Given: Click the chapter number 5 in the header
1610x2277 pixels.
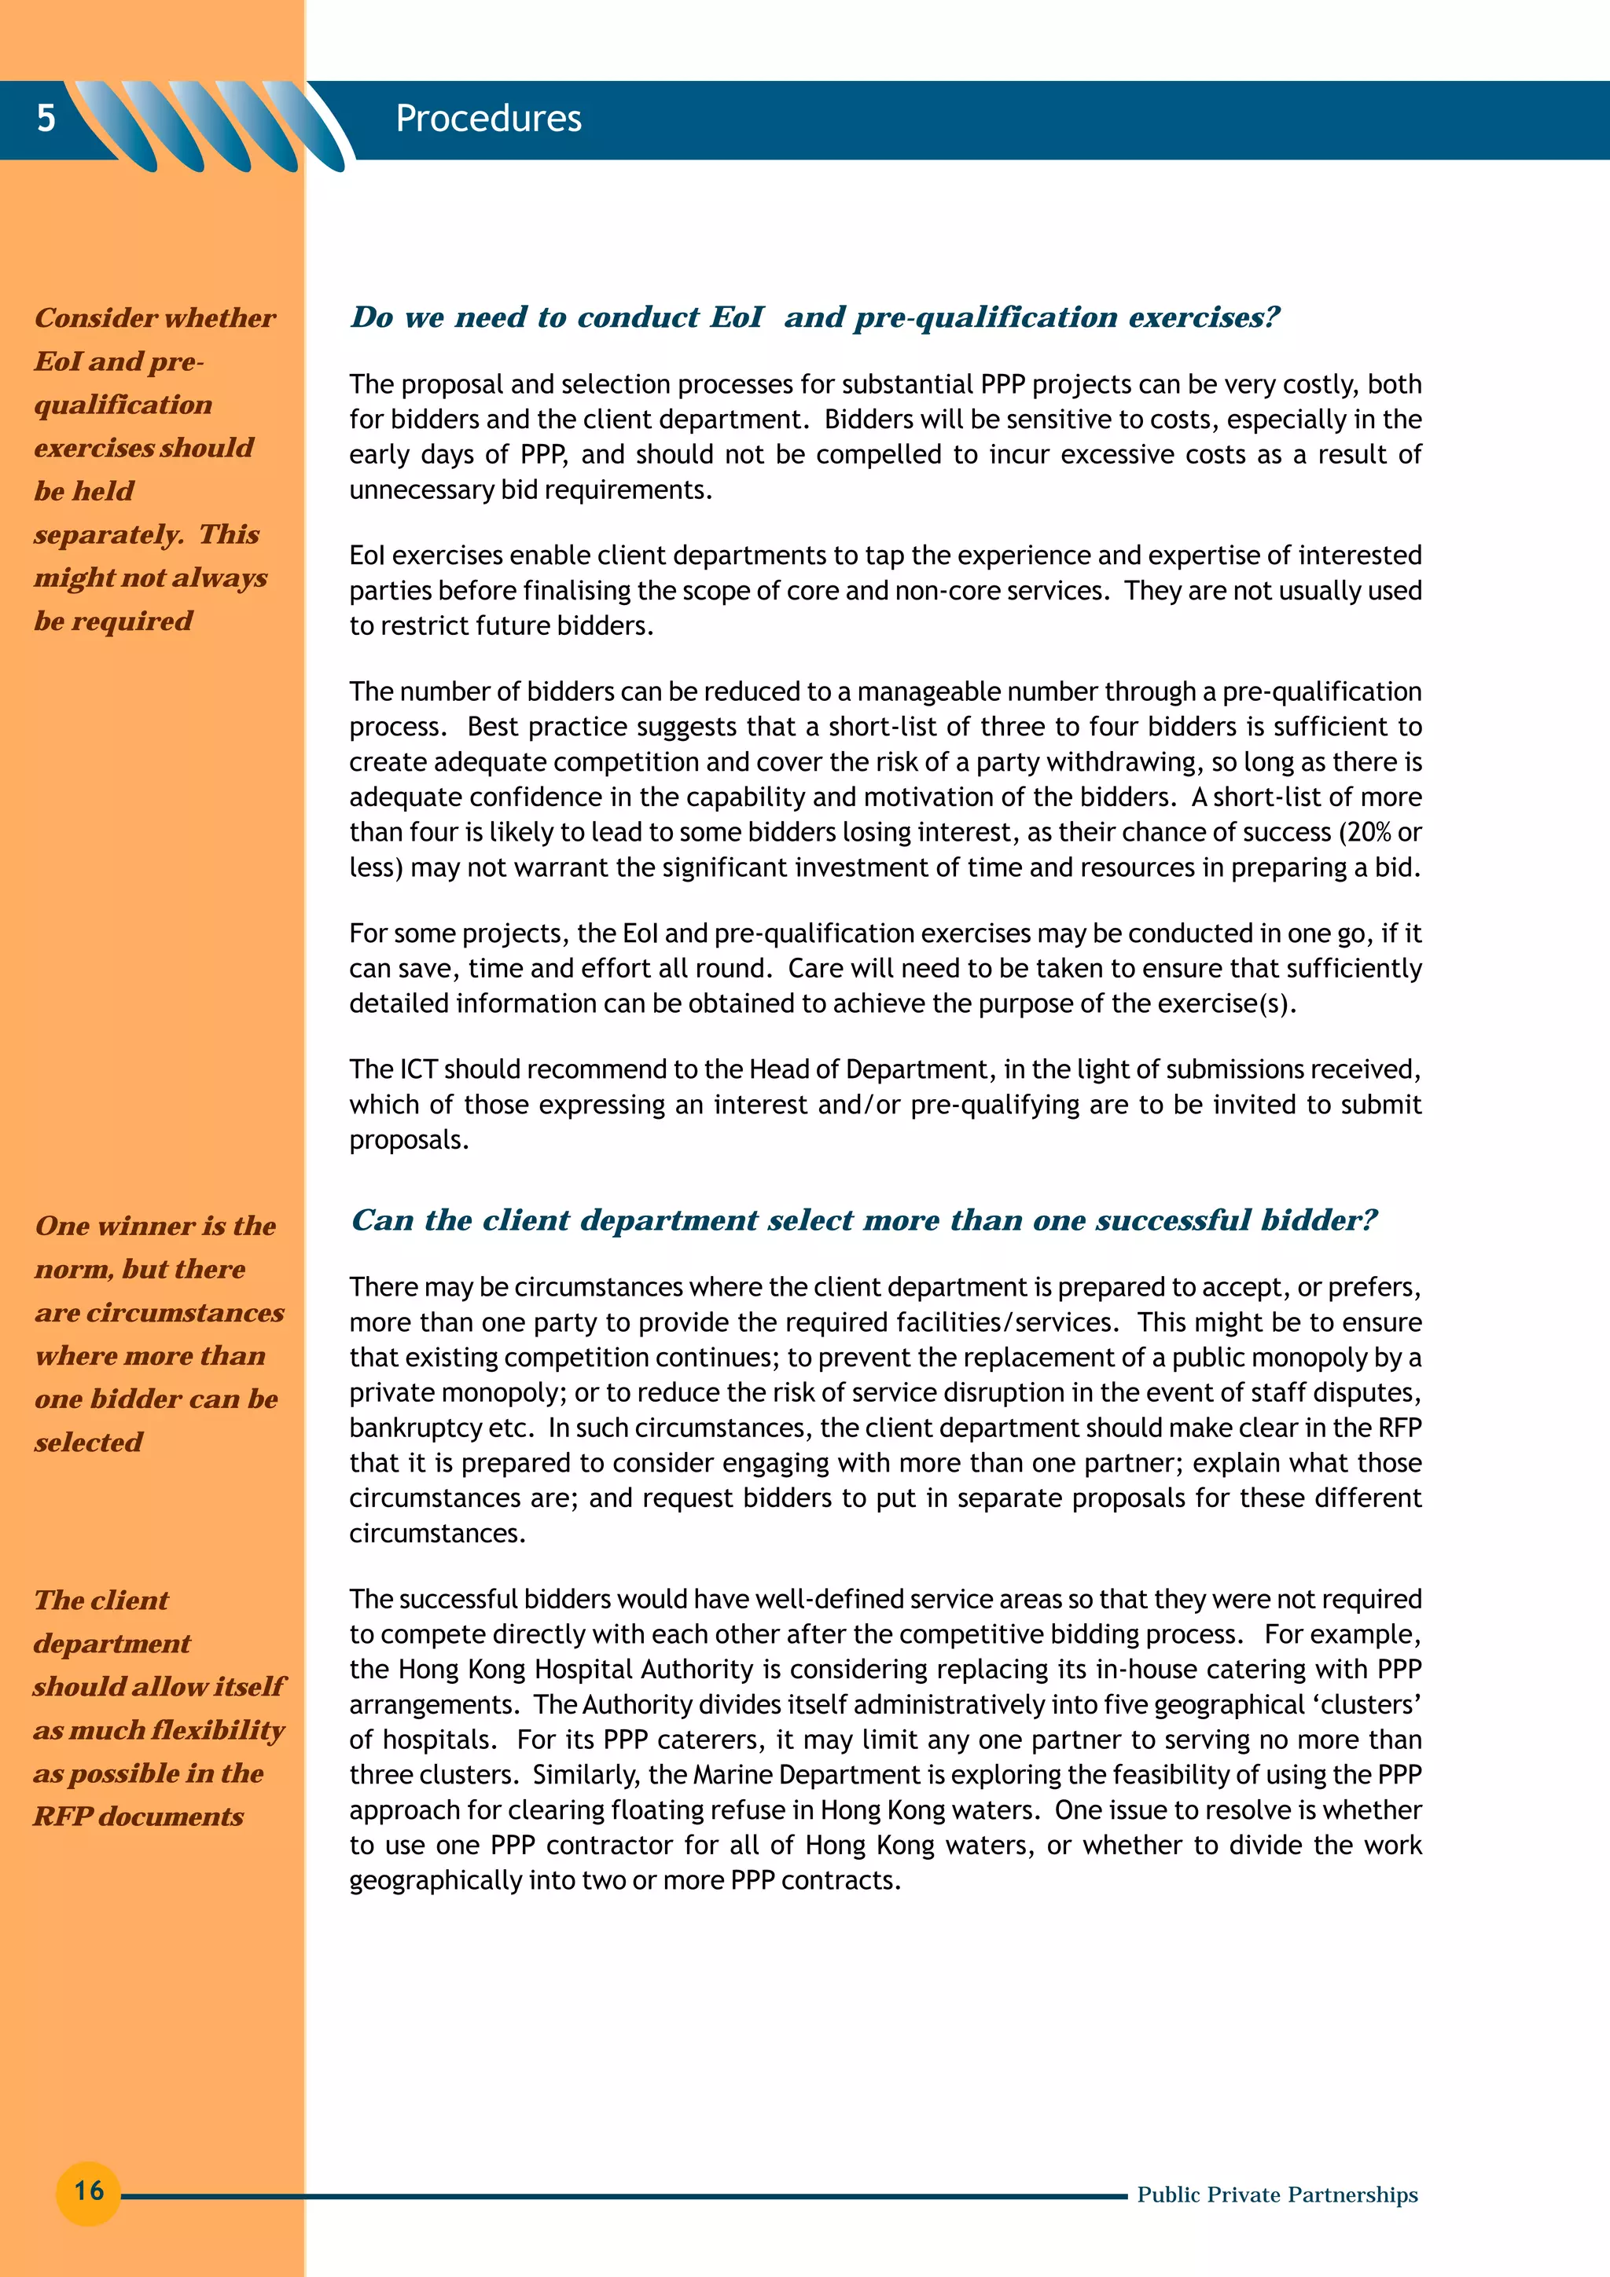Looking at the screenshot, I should pyautogui.click(x=46, y=118).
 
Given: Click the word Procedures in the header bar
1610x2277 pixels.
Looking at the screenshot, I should pyautogui.click(x=488, y=119).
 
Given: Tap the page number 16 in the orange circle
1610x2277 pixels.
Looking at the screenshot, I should pyautogui.click(x=88, y=2190).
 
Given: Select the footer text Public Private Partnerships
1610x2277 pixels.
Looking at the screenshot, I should pyautogui.click(x=1277, y=2194).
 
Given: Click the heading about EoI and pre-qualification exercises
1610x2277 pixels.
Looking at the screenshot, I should pyautogui.click(x=814, y=317).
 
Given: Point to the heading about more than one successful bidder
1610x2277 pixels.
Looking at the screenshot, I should pyautogui.click(x=863, y=1219).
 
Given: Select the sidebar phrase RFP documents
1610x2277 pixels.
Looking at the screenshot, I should pyautogui.click(x=139, y=1816).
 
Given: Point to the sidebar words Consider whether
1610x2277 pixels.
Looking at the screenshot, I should pyautogui.click(x=155, y=318).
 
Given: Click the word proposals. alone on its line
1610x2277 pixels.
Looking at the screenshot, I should pyautogui.click(x=409, y=1141).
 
